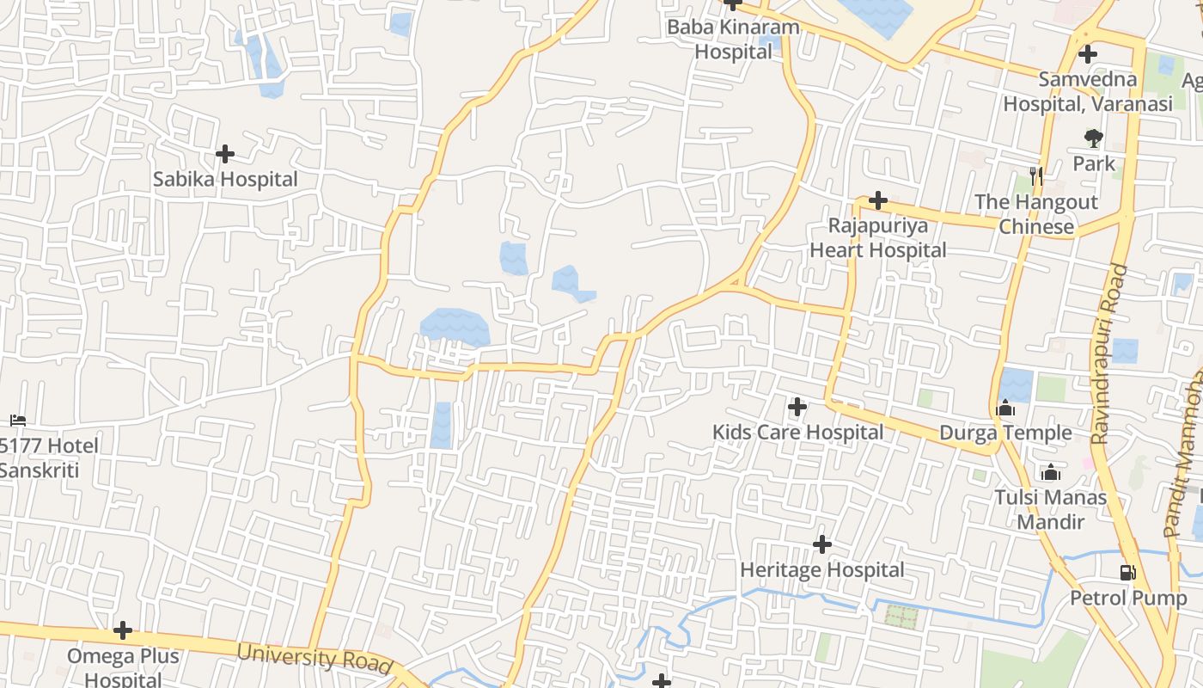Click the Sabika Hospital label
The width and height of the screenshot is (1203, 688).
point(225,180)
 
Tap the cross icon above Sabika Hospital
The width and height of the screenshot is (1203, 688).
point(225,154)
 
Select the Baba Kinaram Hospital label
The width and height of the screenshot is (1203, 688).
point(733,40)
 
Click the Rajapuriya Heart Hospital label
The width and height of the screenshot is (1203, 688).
point(878,238)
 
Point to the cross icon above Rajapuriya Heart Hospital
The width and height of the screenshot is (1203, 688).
point(878,200)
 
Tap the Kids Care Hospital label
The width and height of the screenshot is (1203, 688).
point(797,432)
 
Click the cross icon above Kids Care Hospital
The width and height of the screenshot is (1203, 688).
point(797,406)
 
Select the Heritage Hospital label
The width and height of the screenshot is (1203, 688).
point(822,570)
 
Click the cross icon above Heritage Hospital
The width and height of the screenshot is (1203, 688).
point(822,544)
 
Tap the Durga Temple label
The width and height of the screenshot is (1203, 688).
point(1005,433)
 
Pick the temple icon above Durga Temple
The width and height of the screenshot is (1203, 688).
point(1005,408)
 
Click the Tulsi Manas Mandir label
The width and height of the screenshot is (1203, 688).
point(1051,509)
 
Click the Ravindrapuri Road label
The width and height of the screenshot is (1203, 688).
point(1109,354)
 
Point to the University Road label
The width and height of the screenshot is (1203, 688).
point(314,658)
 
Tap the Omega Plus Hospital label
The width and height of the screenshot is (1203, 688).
point(123,667)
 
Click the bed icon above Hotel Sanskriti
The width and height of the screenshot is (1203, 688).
point(18,420)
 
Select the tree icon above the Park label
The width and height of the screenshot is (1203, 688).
point(1093,138)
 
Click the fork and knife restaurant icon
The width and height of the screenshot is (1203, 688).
point(1036,176)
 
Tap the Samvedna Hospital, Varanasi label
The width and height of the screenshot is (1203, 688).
point(1088,91)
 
